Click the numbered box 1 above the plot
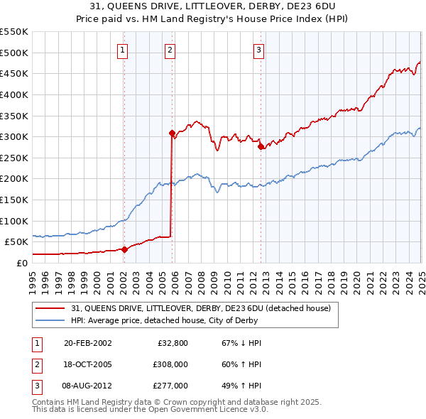(124, 50)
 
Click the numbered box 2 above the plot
(171, 50)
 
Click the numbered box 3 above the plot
(259, 50)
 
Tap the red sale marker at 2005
(172, 133)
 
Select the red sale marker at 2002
(124, 249)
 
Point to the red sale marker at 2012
(261, 146)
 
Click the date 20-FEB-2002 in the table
(87, 343)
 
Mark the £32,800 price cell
(173, 343)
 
